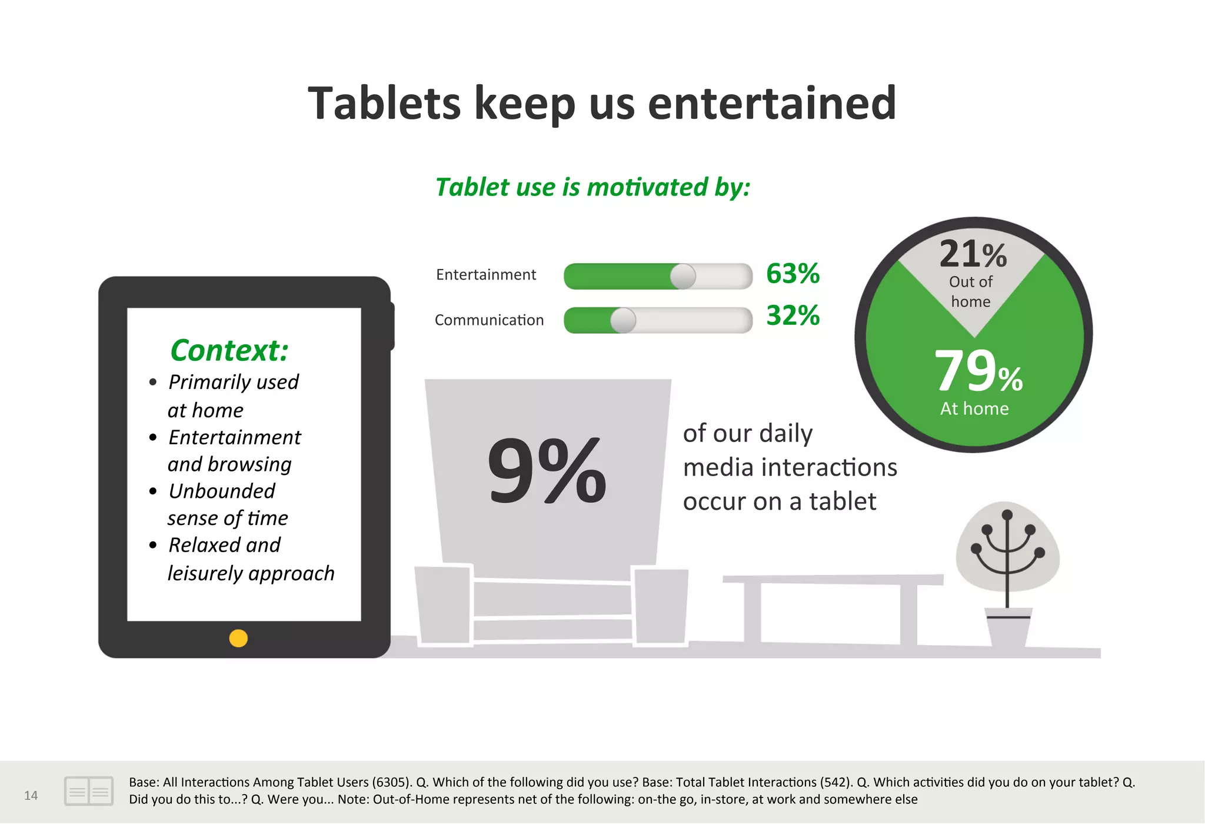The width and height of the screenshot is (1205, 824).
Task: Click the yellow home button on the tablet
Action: (x=238, y=638)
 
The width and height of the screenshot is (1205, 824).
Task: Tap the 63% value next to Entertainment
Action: (x=793, y=274)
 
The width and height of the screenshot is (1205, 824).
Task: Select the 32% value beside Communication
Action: (x=793, y=315)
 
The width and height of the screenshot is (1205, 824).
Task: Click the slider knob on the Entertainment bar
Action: (x=683, y=276)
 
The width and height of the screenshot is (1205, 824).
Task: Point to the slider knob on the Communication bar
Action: (x=623, y=320)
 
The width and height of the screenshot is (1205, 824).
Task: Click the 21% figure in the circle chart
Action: (x=973, y=254)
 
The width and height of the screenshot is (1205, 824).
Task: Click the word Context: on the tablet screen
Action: (x=229, y=350)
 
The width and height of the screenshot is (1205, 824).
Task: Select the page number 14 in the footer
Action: (x=31, y=796)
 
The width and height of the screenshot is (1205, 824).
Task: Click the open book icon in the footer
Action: (x=89, y=791)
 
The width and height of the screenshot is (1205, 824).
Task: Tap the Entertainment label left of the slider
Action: (x=486, y=275)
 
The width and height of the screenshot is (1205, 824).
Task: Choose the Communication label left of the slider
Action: (x=489, y=320)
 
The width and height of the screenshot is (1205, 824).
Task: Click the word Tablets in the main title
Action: (x=384, y=104)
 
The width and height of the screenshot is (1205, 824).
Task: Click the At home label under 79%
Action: (x=974, y=408)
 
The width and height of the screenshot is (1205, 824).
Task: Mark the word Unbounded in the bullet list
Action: (x=222, y=491)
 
